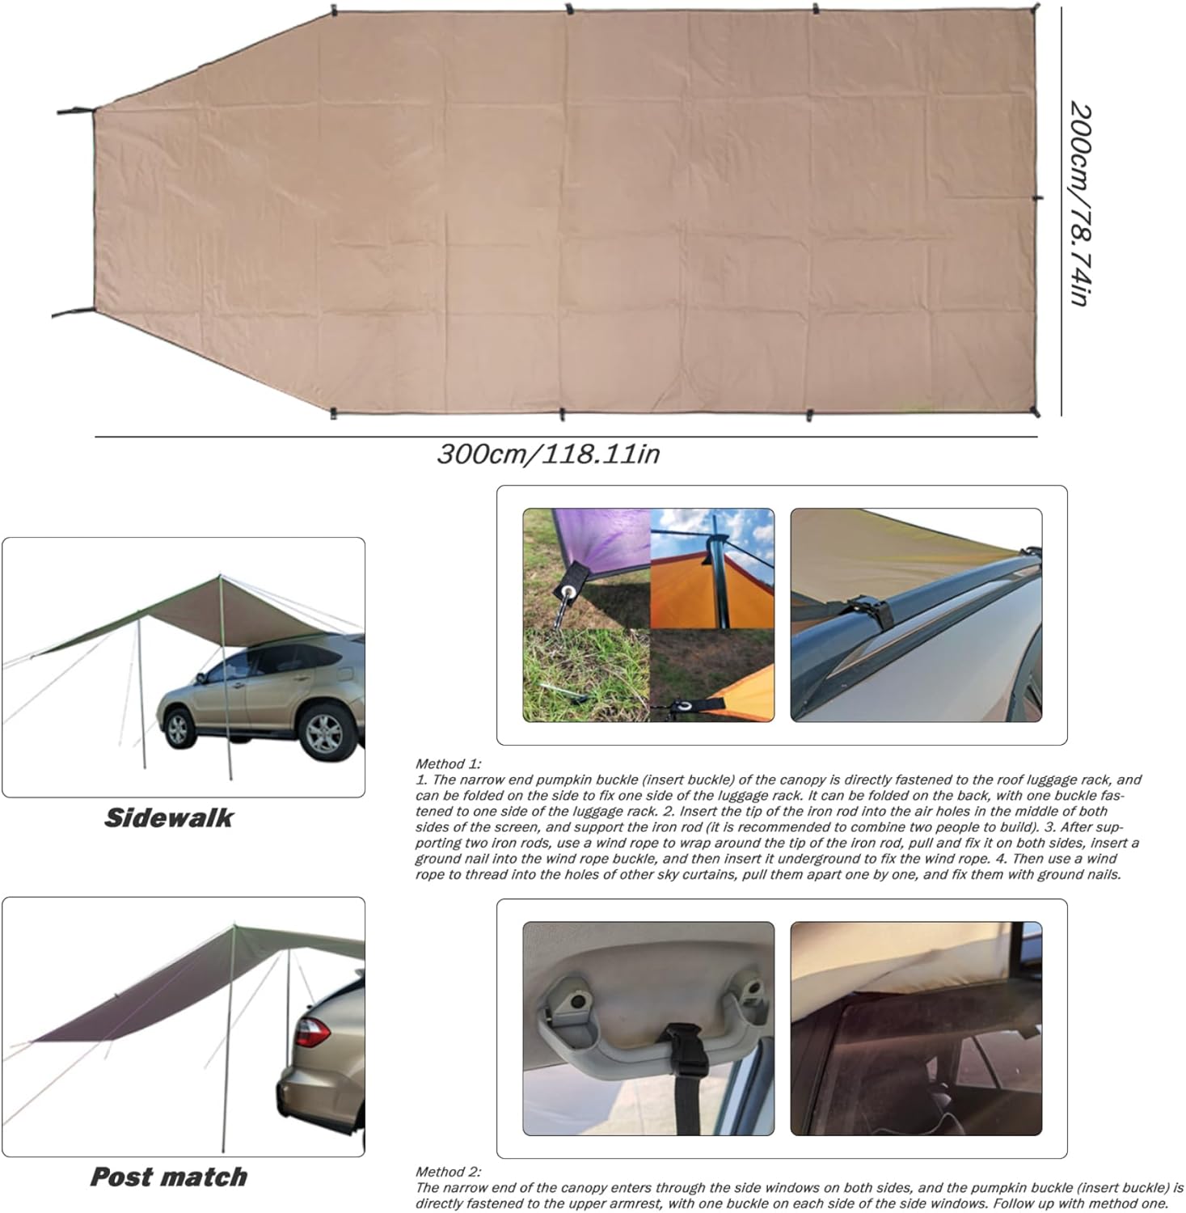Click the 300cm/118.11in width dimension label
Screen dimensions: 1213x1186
(548, 454)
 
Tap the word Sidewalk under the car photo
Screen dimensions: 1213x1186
(168, 818)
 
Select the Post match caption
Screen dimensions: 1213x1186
(168, 1177)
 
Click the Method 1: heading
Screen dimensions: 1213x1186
(448, 763)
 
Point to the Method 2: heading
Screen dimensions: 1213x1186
(448, 1171)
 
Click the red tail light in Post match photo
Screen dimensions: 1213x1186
(311, 1031)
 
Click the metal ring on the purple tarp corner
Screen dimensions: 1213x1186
(572, 593)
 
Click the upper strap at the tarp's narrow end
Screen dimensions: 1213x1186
(74, 111)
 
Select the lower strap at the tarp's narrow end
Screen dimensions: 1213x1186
(73, 313)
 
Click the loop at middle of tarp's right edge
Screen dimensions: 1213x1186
(1038, 197)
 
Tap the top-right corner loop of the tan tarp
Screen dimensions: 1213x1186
(1036, 8)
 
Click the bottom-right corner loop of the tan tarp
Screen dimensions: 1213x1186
(1036, 412)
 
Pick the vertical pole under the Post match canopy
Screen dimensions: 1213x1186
(230, 1043)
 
